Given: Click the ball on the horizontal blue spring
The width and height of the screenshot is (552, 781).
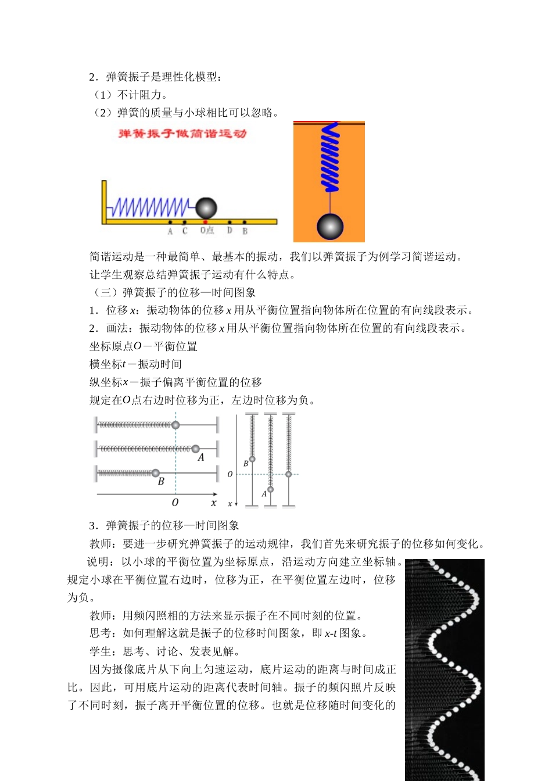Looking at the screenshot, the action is coord(206,207).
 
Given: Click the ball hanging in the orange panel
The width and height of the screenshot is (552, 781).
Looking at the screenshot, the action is coord(330,226).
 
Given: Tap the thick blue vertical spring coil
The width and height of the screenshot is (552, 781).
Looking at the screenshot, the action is coord(330,157).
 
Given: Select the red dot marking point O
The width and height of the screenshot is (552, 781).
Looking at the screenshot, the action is coord(205,222).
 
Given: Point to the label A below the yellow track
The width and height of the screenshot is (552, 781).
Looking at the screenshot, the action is coord(170,231).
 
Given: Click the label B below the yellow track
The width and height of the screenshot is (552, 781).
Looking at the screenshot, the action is coord(245,231).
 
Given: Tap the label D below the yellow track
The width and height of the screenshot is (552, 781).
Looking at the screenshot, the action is coord(230,231).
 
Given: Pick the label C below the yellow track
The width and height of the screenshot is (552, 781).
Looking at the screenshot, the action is coord(185,231).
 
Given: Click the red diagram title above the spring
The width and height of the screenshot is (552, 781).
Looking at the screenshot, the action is coord(182,134).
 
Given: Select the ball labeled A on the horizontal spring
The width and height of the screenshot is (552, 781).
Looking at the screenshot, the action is coord(196,449).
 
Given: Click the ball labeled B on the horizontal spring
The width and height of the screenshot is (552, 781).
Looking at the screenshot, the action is coord(156,473).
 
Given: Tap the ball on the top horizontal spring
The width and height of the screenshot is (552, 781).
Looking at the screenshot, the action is coord(175,425).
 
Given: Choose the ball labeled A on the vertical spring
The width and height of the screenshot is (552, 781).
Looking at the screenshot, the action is coord(270,489).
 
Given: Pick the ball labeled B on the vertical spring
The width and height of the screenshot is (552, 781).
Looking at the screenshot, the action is coord(252,459).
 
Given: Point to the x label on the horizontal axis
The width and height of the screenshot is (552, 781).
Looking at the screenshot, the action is coord(213,503).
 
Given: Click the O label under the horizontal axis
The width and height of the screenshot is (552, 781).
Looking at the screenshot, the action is coord(175,503).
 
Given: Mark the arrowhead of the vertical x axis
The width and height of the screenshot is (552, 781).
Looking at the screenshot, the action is coord(236,504).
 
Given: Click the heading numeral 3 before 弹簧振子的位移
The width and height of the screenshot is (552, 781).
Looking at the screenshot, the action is coord(92,526).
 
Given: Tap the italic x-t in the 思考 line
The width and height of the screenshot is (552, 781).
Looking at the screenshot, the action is coord(331,633).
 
